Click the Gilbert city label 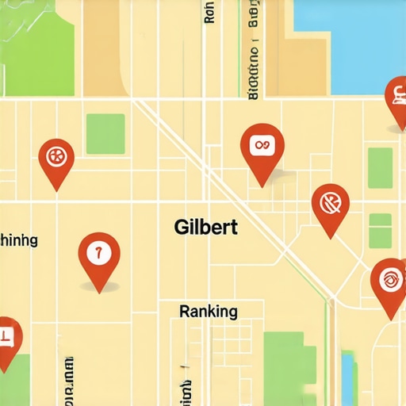tap(205, 227)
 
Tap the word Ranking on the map tap(209, 311)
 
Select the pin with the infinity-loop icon tap(262, 147)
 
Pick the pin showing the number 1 tap(99, 255)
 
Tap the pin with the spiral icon tap(389, 281)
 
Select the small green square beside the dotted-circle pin tap(105, 133)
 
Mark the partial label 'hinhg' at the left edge tap(19, 240)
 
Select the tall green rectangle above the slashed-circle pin tap(380, 167)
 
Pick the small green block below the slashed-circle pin tap(380, 231)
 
